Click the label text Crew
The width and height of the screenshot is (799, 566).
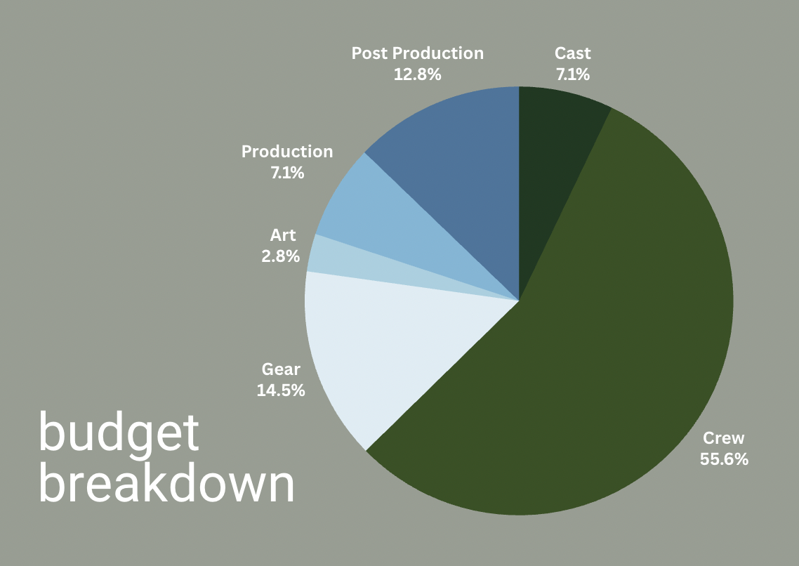(x=724, y=438)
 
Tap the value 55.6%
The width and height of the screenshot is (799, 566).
(x=724, y=459)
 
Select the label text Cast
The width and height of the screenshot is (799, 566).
(x=573, y=53)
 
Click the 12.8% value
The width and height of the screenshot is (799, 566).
(x=417, y=74)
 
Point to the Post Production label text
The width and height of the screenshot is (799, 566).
(x=417, y=53)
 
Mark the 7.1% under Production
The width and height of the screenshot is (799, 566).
(x=287, y=173)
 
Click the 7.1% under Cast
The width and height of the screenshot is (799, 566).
(x=573, y=74)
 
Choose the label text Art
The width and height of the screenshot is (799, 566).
(x=283, y=235)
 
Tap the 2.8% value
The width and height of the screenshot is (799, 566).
(x=281, y=256)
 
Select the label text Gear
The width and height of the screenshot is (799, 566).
(x=281, y=369)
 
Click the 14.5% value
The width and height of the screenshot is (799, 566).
(x=281, y=390)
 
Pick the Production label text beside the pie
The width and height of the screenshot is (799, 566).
(x=287, y=151)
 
